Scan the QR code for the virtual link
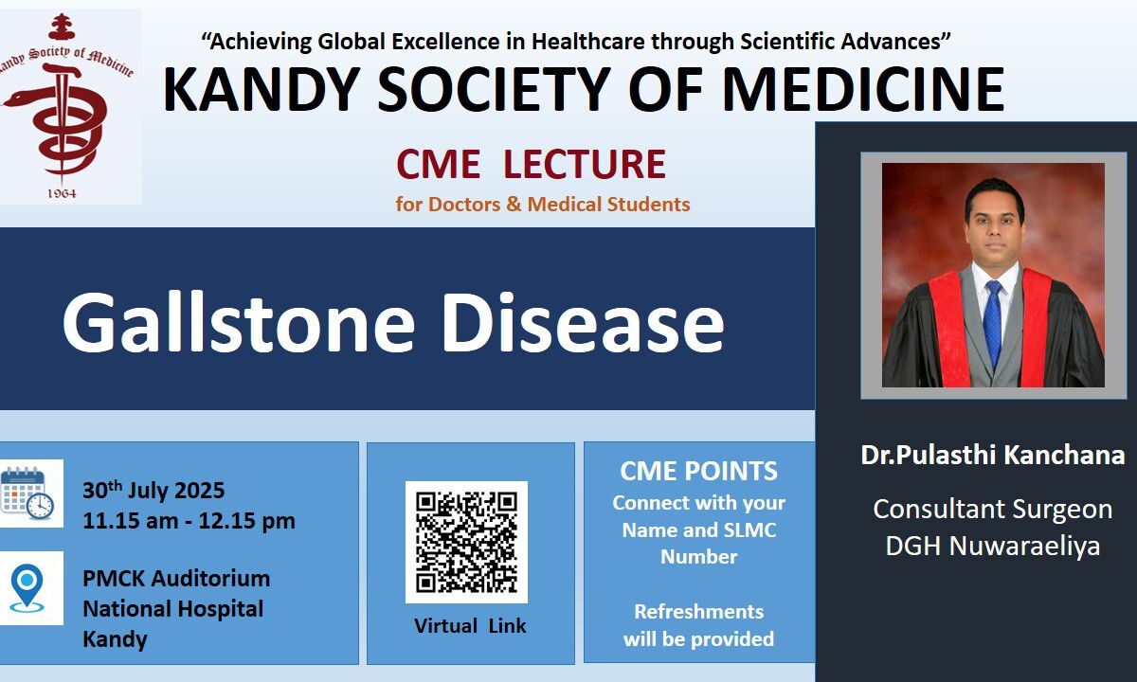coord(466,542)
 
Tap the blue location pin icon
coord(27,587)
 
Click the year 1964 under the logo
coord(62,193)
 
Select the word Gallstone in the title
coord(239,322)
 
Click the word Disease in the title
coord(583,322)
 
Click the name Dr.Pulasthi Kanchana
coord(993,454)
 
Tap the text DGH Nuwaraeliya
coord(993,546)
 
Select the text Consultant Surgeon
coord(993,509)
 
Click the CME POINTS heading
coord(698,471)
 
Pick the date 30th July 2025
coord(153,491)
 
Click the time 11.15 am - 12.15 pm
coord(189,521)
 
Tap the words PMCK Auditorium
coord(176,579)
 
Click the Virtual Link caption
coord(470,626)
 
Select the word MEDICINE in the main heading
coord(863,89)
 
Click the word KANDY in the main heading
coord(262,89)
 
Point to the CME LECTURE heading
coord(531,164)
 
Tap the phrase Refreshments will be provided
coord(698,625)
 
